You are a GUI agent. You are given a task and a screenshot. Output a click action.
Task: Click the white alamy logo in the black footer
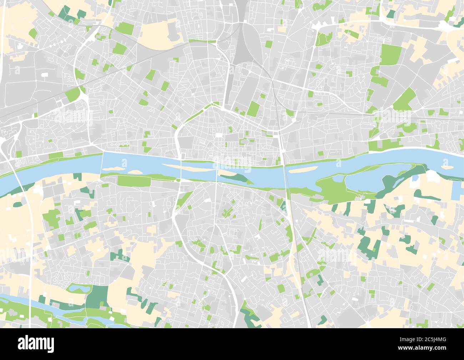(x=36, y=344)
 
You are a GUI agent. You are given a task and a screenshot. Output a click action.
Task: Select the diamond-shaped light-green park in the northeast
(x=404, y=99)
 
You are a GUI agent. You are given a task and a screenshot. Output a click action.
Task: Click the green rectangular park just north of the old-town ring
(x=254, y=108)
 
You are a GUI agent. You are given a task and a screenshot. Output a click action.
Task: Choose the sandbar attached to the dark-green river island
(x=227, y=174)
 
